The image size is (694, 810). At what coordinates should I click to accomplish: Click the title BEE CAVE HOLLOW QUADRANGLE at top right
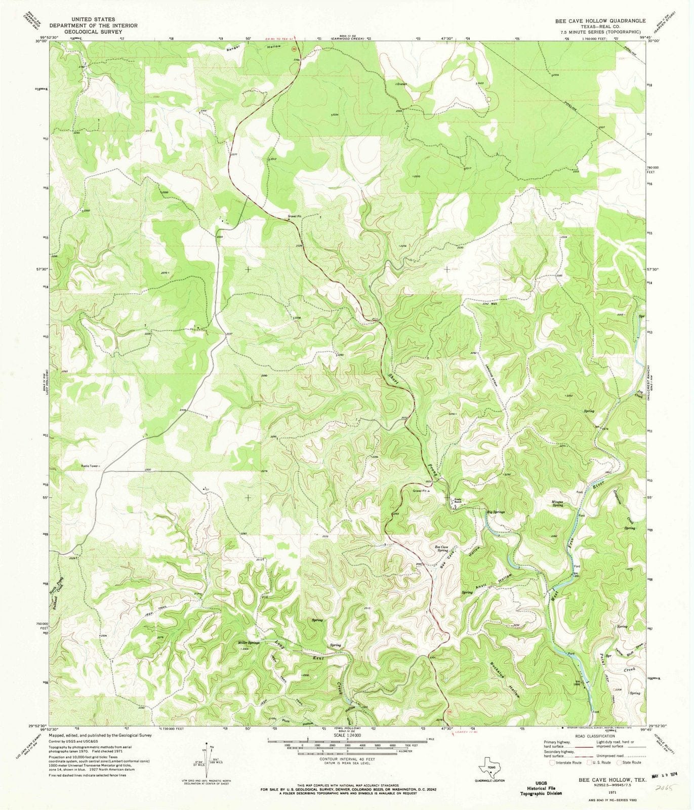(600, 21)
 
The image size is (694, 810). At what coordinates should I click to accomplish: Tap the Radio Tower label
(90, 466)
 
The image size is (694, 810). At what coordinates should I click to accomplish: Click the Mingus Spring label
(557, 503)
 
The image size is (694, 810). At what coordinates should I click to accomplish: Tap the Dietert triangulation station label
(401, 84)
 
